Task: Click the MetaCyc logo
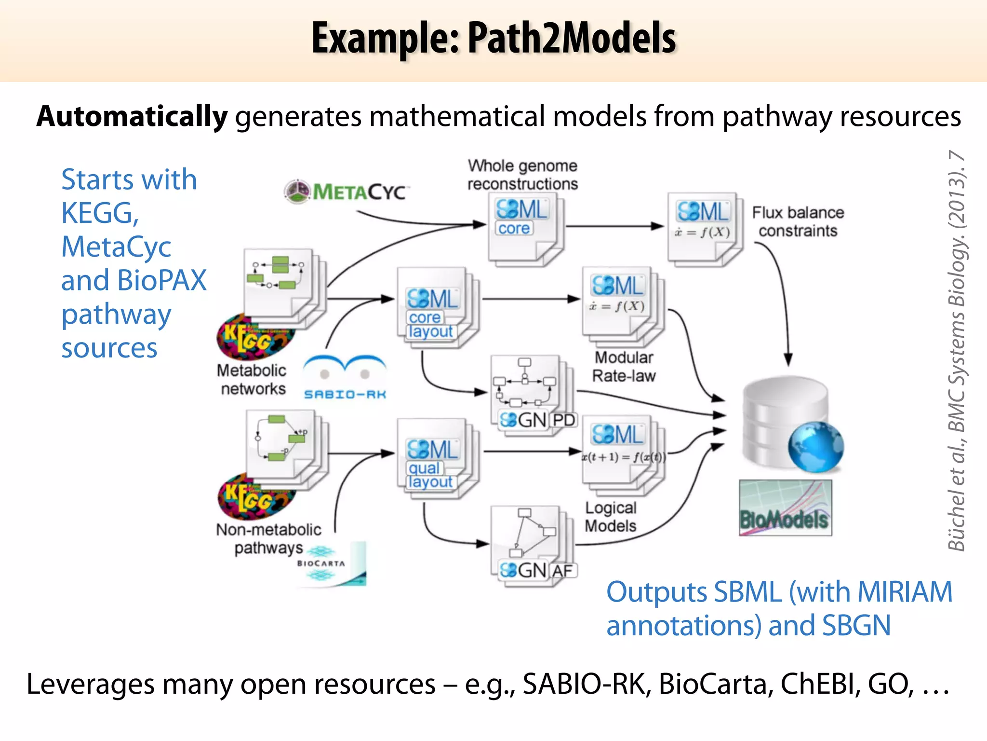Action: (346, 192)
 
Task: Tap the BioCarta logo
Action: (332, 563)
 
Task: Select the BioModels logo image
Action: (785, 508)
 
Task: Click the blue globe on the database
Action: (815, 447)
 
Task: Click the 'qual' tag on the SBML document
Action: (424, 468)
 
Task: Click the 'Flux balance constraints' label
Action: (798, 221)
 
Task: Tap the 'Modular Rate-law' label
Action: (624, 367)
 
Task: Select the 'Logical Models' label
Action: (611, 517)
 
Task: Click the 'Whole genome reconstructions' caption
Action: (522, 175)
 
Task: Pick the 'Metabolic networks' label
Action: (252, 379)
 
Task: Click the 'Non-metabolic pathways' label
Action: (268, 538)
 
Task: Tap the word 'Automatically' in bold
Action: (132, 116)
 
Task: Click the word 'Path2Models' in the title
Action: (572, 38)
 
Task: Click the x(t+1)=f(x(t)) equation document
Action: (623, 453)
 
